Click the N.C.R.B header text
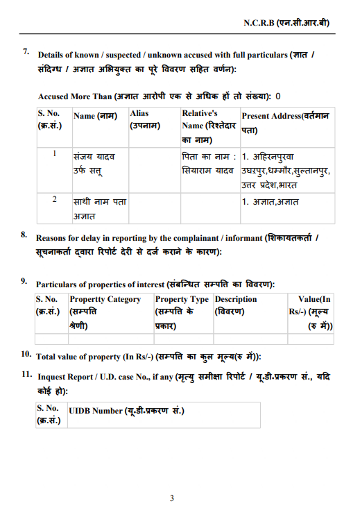point(286,22)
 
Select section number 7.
point(26,51)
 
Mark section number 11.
point(26,374)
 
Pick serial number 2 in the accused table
point(54,200)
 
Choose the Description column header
point(236,305)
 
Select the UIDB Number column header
point(126,411)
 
